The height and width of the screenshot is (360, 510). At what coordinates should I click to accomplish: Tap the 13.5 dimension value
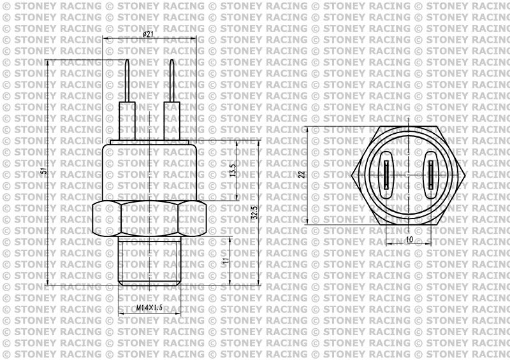(x=233, y=170)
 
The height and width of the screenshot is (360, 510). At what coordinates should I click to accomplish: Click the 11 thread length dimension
(x=225, y=261)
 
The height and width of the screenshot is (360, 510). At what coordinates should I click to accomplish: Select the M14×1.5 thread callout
(x=150, y=308)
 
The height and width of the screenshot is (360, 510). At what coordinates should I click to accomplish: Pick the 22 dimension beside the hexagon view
(x=302, y=173)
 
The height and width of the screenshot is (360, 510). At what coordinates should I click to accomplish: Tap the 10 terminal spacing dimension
(x=409, y=239)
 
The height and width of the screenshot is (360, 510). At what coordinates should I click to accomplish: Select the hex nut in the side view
(x=149, y=220)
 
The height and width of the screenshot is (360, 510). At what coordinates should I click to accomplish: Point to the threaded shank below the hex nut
(x=149, y=261)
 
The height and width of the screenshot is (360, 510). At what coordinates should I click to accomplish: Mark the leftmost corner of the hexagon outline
(x=352, y=174)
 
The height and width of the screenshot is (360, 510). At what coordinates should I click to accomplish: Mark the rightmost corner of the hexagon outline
(x=465, y=174)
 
